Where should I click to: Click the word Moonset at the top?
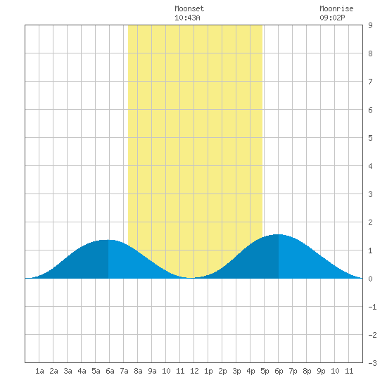pyautogui.click(x=189, y=8)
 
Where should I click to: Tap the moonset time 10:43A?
pyautogui.click(x=187, y=18)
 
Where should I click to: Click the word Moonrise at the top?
pyautogui.click(x=336, y=8)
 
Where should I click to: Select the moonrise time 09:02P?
pyautogui.click(x=332, y=18)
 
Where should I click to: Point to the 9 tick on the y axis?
pyautogui.click(x=370, y=25)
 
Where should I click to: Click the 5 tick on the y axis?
pyautogui.click(x=370, y=138)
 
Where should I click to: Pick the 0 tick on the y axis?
pyautogui.click(x=370, y=279)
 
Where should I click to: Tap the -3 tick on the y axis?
pyautogui.click(x=372, y=363)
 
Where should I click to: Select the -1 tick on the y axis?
pyautogui.click(x=372, y=307)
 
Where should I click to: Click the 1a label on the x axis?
pyautogui.click(x=39, y=371)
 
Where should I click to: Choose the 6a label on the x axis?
pyautogui.click(x=110, y=371)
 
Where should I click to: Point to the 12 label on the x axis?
pyautogui.click(x=194, y=371)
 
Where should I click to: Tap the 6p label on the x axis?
pyautogui.click(x=279, y=371)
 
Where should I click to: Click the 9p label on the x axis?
pyautogui.click(x=321, y=371)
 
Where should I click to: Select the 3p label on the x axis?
pyautogui.click(x=236, y=371)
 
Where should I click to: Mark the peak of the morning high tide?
pyautogui.click(x=108, y=240)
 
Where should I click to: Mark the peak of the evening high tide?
pyautogui.click(x=279, y=234)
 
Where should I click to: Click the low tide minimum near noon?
pyautogui.click(x=191, y=278)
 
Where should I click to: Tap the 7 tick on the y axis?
pyautogui.click(x=370, y=82)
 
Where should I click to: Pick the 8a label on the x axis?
pyautogui.click(x=138, y=371)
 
